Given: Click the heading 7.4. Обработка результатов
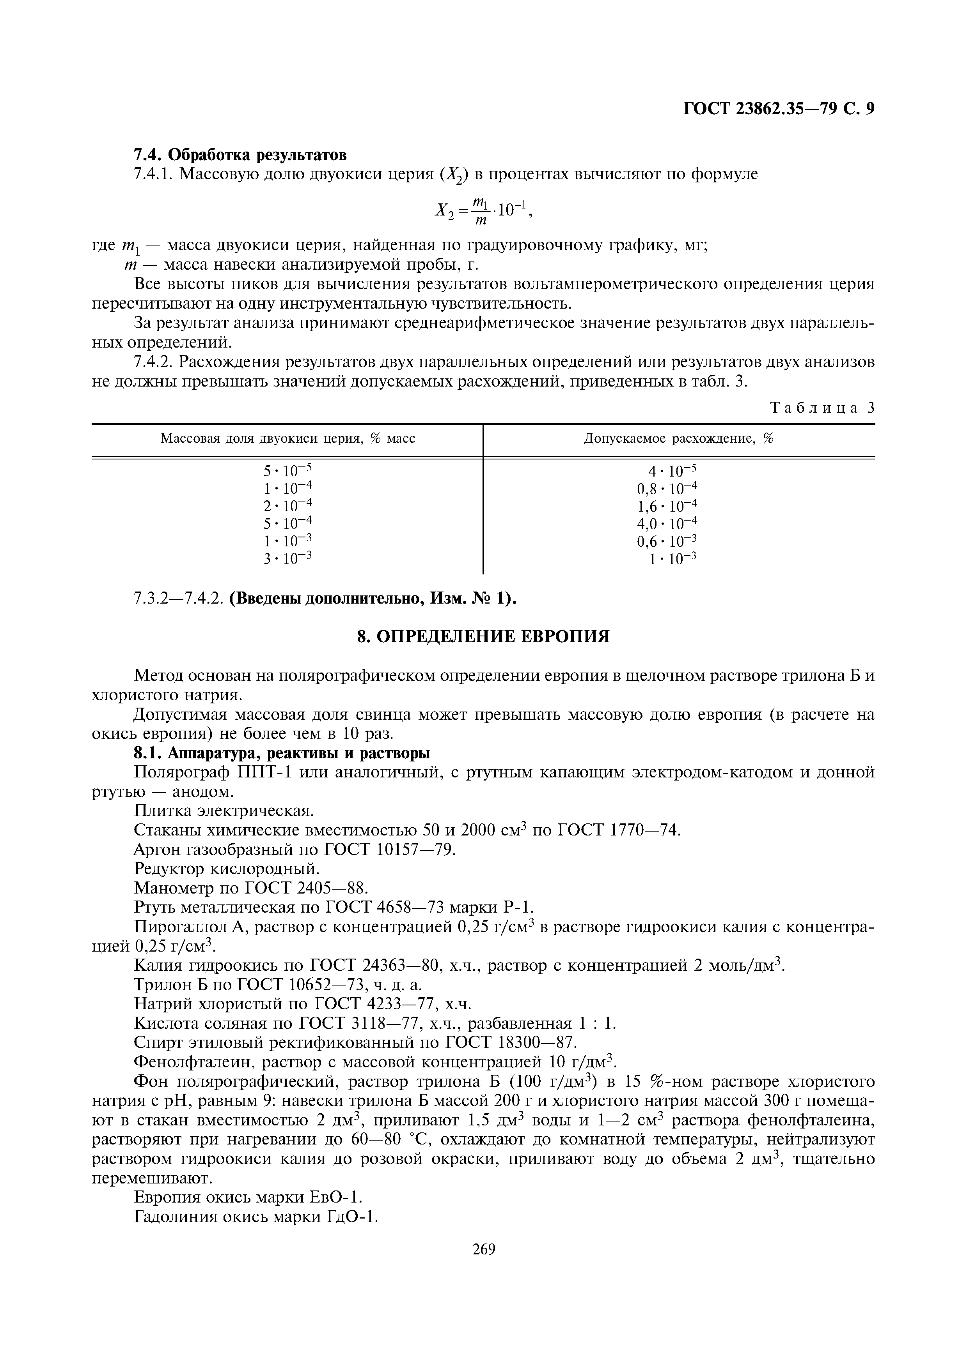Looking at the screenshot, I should pyautogui.click(x=240, y=155).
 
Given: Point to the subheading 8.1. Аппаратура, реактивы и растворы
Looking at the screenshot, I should pyautogui.click(x=282, y=753).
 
